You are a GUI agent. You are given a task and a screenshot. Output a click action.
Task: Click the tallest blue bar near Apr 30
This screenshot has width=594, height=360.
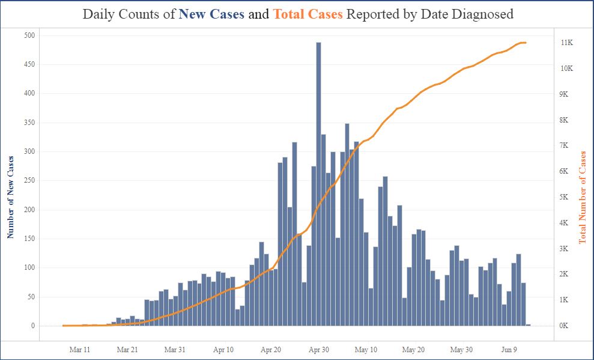coord(318,180)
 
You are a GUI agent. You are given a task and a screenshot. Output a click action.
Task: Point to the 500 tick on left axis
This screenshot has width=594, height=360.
coord(28,35)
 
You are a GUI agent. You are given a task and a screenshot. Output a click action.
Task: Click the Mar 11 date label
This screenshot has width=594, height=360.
coord(80,349)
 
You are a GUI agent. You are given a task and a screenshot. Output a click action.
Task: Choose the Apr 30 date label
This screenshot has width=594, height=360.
coord(318,349)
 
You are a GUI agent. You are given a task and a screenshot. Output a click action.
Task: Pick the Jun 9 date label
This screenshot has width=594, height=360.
coord(510,349)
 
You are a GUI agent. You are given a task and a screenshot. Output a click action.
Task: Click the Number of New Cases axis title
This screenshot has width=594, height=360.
coord(10,197)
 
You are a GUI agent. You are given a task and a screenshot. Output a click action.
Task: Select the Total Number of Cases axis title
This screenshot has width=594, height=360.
coord(582,197)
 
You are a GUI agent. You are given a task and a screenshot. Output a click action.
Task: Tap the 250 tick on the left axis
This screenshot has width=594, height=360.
coord(28,180)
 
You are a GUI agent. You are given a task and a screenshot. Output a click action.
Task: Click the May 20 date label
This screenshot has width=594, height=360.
coord(414,349)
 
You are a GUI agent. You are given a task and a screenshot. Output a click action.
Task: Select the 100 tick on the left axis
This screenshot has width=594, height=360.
coord(28,267)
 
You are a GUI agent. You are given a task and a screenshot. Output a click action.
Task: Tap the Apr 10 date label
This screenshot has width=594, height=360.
coord(223,349)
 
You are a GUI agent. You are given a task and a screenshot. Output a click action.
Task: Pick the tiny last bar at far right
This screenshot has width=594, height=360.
coord(528,325)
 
